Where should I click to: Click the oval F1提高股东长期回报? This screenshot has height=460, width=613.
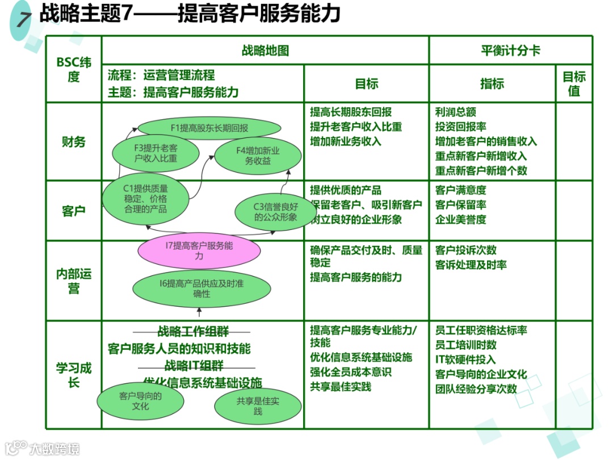pyautogui.click(x=209, y=128)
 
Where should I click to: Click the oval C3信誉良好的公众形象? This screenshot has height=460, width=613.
pyautogui.click(x=275, y=212)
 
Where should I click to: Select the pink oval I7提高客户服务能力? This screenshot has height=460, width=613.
pyautogui.click(x=199, y=251)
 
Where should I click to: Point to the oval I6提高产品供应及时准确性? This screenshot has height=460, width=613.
pyautogui.click(x=201, y=288)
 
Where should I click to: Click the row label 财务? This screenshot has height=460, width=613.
pyautogui.click(x=73, y=141)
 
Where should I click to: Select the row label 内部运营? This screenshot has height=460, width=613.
pyautogui.click(x=73, y=281)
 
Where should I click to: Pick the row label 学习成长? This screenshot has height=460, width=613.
pyautogui.click(x=73, y=375)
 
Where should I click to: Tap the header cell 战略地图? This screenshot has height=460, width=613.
pyautogui.click(x=265, y=51)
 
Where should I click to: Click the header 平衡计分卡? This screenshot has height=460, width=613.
pyautogui.click(x=510, y=51)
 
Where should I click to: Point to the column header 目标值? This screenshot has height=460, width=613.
pyautogui.click(x=574, y=83)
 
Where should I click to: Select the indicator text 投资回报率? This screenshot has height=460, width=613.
pyautogui.click(x=460, y=127)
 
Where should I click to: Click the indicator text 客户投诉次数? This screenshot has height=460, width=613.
pyautogui.click(x=465, y=250)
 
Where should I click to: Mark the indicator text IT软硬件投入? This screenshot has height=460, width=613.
pyautogui.click(x=465, y=359)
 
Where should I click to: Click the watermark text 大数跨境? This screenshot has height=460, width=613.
pyautogui.click(x=54, y=448)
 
